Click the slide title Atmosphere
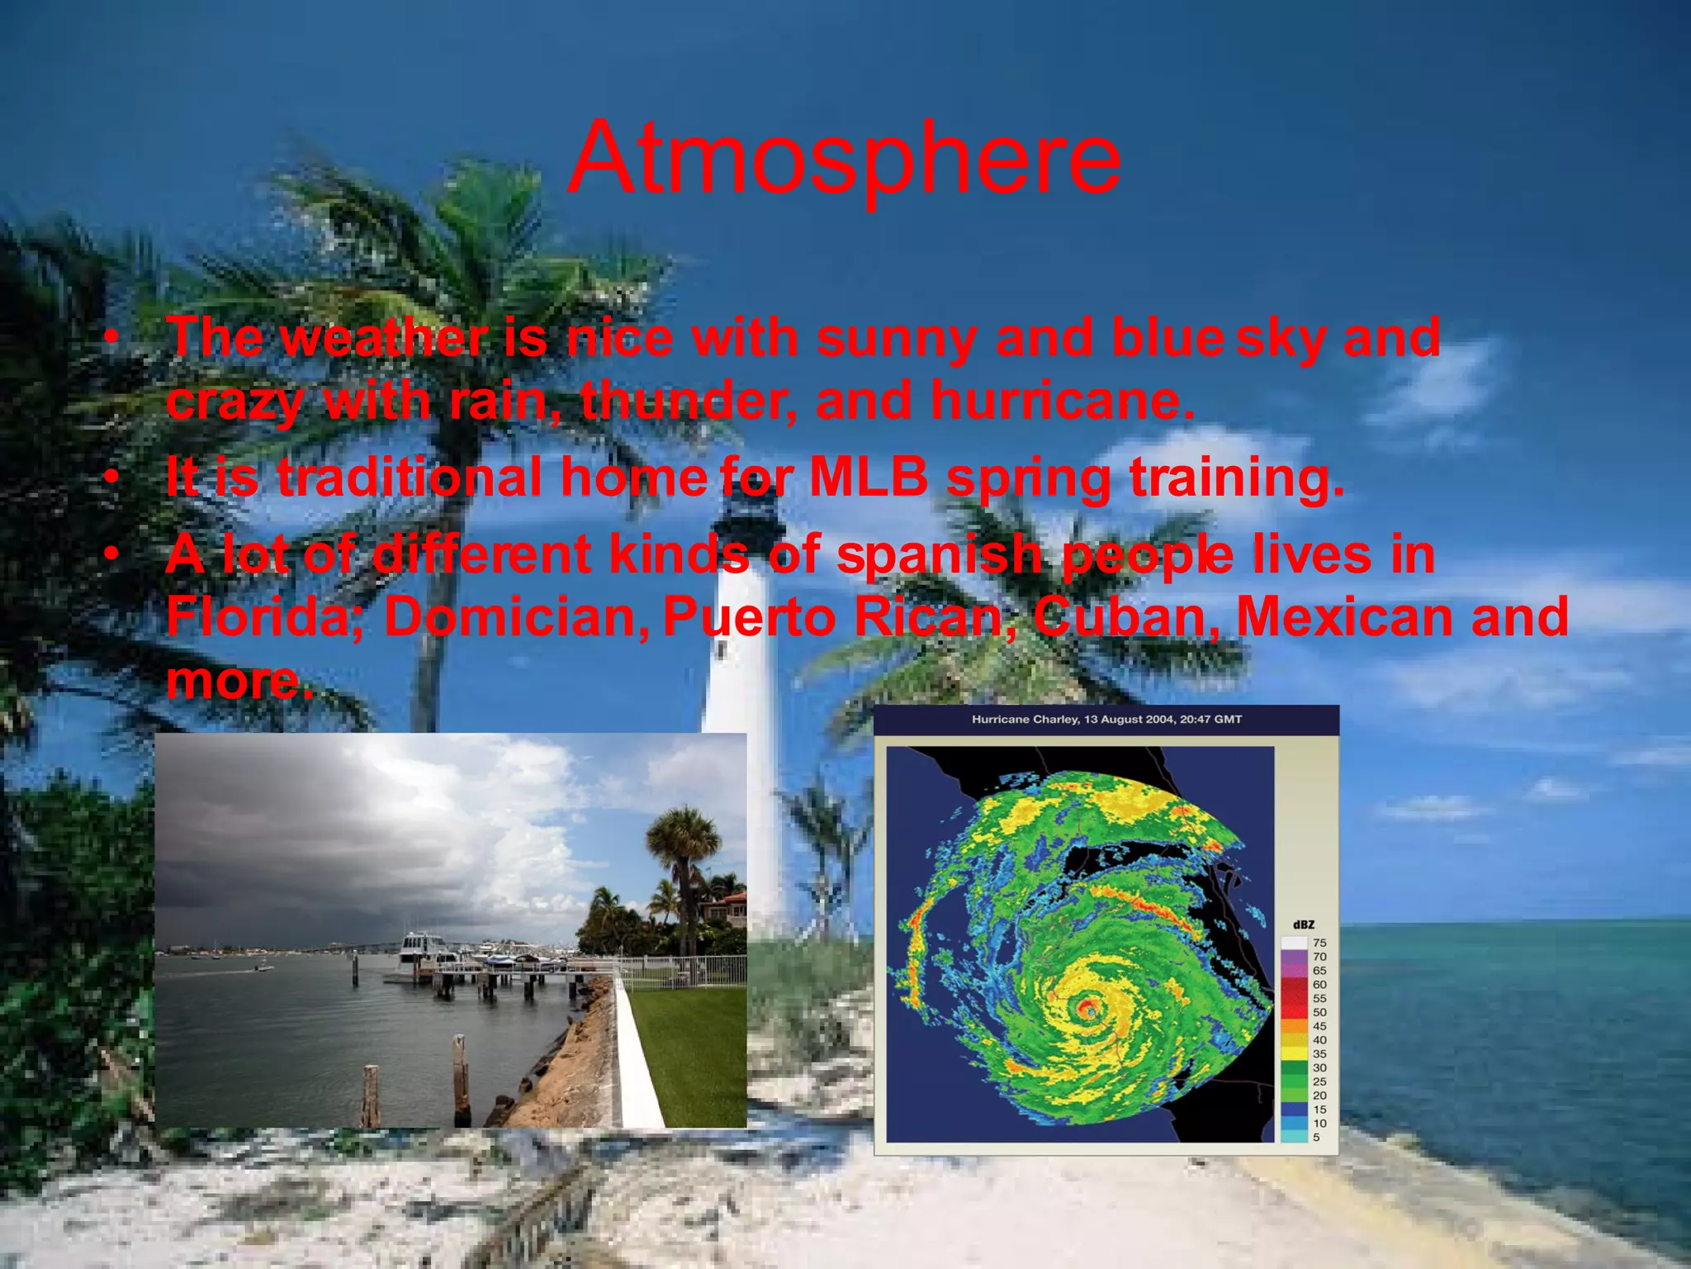(x=844, y=159)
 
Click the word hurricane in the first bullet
(x=1063, y=402)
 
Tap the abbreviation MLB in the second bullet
(x=869, y=478)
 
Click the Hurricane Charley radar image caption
(x=1106, y=720)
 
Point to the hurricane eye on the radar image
(x=1088, y=1008)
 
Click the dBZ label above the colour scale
(x=1303, y=924)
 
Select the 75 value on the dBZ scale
(x=1319, y=943)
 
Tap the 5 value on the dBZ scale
(x=1316, y=1138)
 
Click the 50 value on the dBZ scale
(x=1319, y=1012)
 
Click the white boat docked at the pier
(x=422, y=949)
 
